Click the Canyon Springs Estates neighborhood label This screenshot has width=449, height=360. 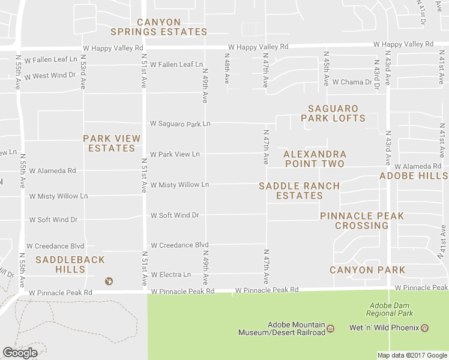(x=158, y=27)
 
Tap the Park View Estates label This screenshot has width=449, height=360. (x=112, y=143)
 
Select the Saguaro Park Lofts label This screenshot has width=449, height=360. (x=333, y=113)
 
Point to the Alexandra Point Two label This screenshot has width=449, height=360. (x=315, y=159)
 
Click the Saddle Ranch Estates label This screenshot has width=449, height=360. (x=299, y=191)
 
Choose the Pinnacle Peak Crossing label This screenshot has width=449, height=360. (x=361, y=221)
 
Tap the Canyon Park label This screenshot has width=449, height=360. (x=367, y=270)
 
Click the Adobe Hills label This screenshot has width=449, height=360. (x=414, y=176)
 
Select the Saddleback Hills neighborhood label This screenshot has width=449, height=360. (x=70, y=265)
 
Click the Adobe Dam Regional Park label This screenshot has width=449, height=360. (x=390, y=309)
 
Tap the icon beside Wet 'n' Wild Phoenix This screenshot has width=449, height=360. (x=424, y=328)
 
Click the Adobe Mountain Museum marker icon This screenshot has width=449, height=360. (x=330, y=328)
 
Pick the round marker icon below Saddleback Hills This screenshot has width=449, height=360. (x=109, y=281)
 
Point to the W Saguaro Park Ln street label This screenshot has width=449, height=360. (x=180, y=124)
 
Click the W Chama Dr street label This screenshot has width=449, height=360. (x=352, y=82)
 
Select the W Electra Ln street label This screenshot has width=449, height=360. (x=170, y=275)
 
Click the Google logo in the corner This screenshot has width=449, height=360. (x=20, y=353)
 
